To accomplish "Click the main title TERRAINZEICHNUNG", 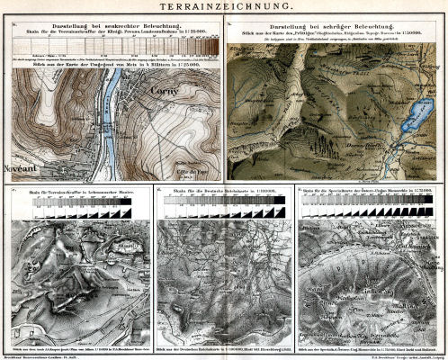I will click(224, 8).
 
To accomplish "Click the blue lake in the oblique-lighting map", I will click(417, 116).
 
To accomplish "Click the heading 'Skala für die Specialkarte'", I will click(371, 192).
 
